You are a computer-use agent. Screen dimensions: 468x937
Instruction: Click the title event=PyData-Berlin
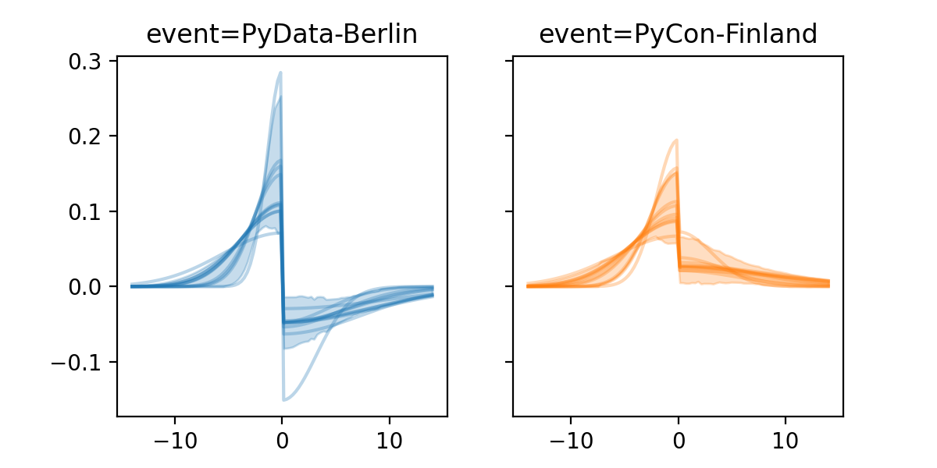coord(282,35)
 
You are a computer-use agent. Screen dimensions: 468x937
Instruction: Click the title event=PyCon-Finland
coord(678,35)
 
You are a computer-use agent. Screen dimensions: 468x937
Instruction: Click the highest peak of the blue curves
coord(280,73)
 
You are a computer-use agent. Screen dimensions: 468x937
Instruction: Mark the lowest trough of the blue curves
coord(283,400)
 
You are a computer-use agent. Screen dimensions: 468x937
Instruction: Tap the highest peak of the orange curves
coord(676,140)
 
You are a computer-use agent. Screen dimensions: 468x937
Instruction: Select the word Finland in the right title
coord(768,35)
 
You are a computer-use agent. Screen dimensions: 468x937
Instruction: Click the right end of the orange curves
coord(828,283)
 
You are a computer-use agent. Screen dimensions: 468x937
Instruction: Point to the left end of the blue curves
coord(132,286)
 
